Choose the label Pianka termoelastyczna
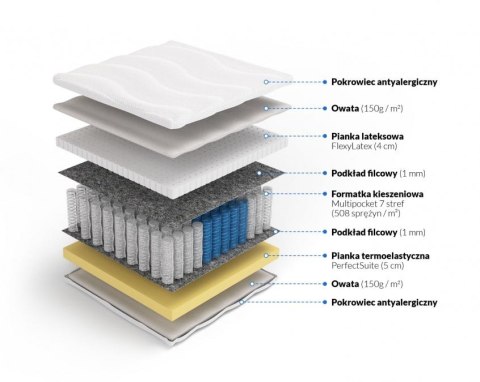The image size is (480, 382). (x=375, y=256)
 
